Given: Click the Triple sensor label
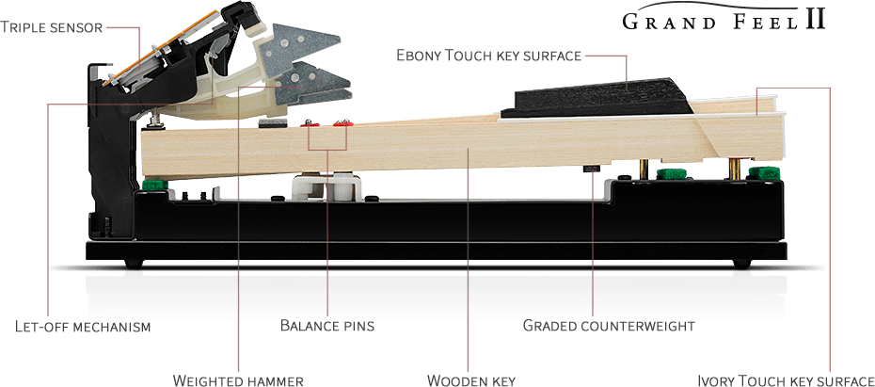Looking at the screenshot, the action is click(x=52, y=27).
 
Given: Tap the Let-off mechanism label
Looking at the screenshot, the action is click(x=83, y=326).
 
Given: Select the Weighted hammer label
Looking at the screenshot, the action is click(x=238, y=380).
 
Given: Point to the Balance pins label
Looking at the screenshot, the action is click(x=327, y=325).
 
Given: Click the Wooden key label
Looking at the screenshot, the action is click(x=470, y=380).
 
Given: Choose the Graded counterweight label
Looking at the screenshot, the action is click(x=609, y=325).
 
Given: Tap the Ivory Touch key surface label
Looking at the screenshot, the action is click(x=787, y=380).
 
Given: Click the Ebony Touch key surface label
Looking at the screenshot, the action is click(x=489, y=56).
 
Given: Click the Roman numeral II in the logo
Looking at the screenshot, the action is click(x=815, y=20).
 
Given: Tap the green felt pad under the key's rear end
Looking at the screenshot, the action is click(x=154, y=185).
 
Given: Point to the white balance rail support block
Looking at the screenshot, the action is click(x=326, y=187).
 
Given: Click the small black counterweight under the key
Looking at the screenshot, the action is click(x=591, y=169).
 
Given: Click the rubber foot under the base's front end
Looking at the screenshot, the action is click(x=740, y=264).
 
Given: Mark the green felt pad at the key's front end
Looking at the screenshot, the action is click(x=763, y=173).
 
